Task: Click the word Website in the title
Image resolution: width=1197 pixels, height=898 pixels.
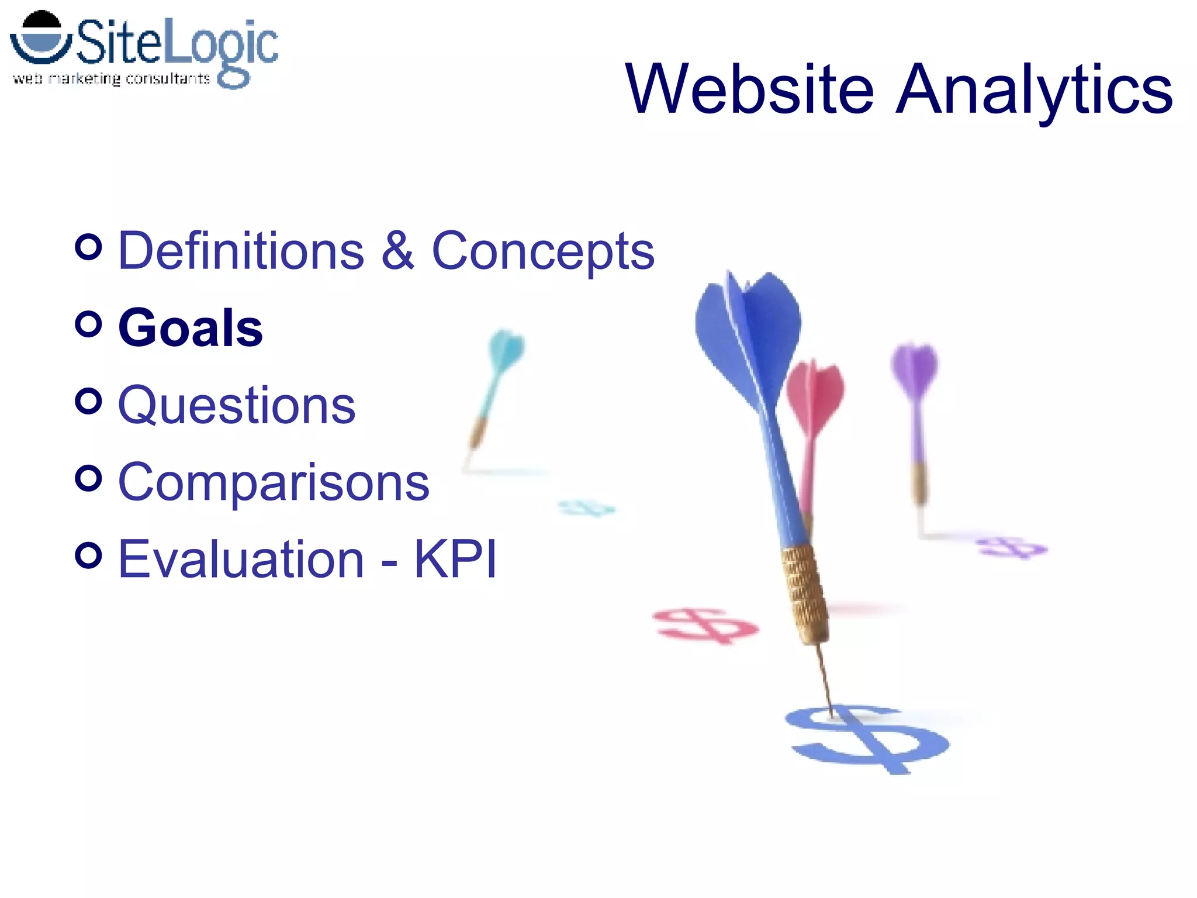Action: point(749,89)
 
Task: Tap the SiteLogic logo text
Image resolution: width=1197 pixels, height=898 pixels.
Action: point(175,44)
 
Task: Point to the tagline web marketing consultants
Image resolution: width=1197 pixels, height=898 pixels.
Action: point(111,78)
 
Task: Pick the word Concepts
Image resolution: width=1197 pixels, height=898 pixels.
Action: point(542,251)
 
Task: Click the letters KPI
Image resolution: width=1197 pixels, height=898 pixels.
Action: point(455,559)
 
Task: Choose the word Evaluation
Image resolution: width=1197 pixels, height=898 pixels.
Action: point(241,559)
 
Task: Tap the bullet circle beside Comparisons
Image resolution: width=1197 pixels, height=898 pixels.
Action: point(89,478)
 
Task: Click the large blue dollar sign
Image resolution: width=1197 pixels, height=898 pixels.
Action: point(868,740)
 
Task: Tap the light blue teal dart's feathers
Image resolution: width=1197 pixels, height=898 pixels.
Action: point(506,350)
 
